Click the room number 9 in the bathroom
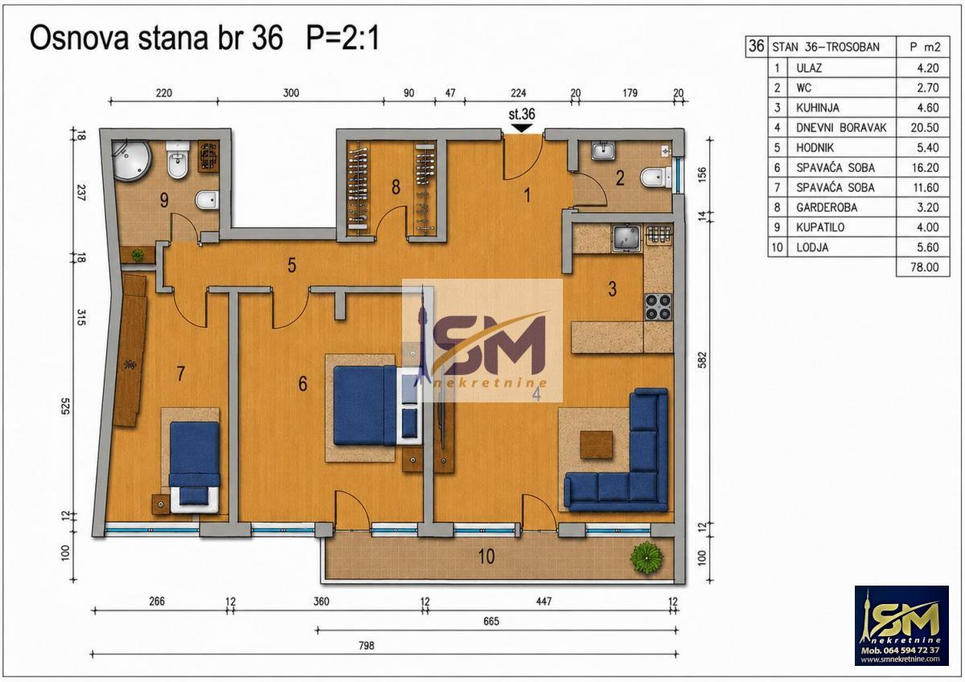tap(164, 200)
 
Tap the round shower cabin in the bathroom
tap(130, 161)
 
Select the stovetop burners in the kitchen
tap(659, 307)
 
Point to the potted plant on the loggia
tap(647, 557)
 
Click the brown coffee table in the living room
tap(597, 445)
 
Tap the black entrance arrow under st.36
tap(522, 128)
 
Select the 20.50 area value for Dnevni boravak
tap(925, 128)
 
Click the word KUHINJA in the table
tap(817, 108)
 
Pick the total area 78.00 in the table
tap(925, 267)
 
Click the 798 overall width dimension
tap(367, 645)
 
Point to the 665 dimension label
tap(491, 621)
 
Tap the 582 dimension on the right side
tap(702, 361)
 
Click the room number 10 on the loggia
tap(487, 557)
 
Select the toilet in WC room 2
tap(655, 178)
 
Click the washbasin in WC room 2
tap(603, 151)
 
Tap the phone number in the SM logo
tap(900, 651)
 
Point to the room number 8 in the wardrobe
tap(396, 186)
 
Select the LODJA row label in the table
tap(812, 247)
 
